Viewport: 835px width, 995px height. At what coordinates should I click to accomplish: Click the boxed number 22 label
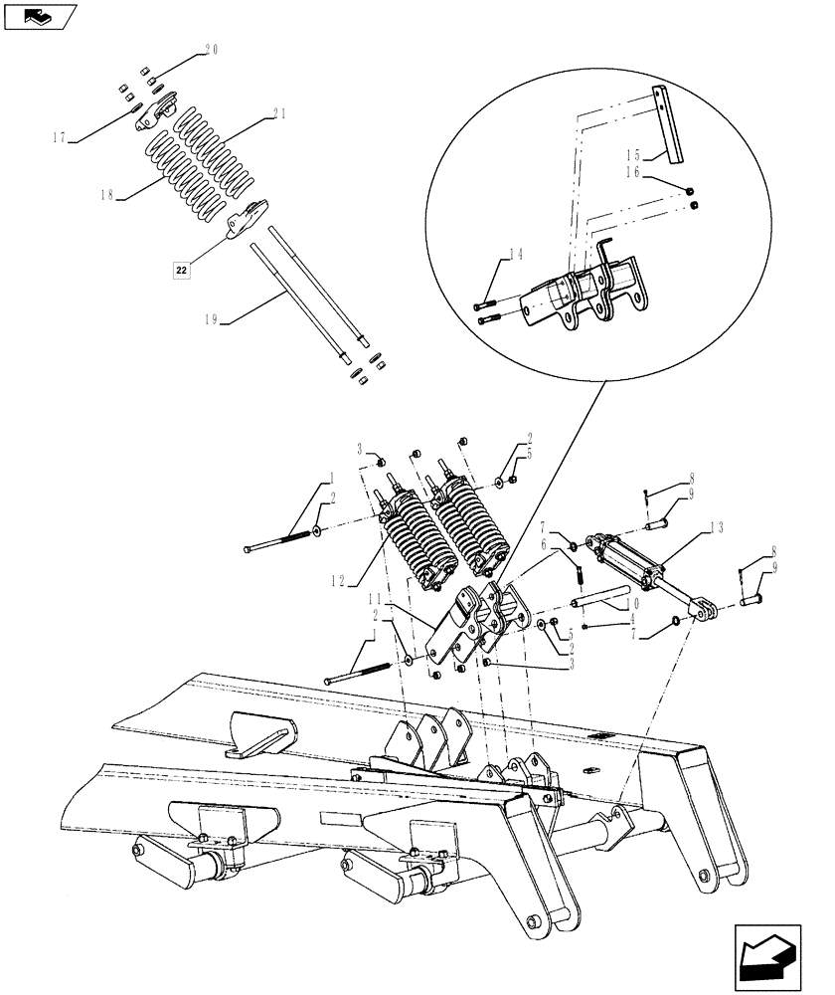pyautogui.click(x=180, y=270)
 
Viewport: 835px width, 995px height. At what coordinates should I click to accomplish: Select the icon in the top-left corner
pyautogui.click(x=41, y=14)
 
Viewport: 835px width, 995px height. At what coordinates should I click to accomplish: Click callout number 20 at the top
pyautogui.click(x=211, y=49)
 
